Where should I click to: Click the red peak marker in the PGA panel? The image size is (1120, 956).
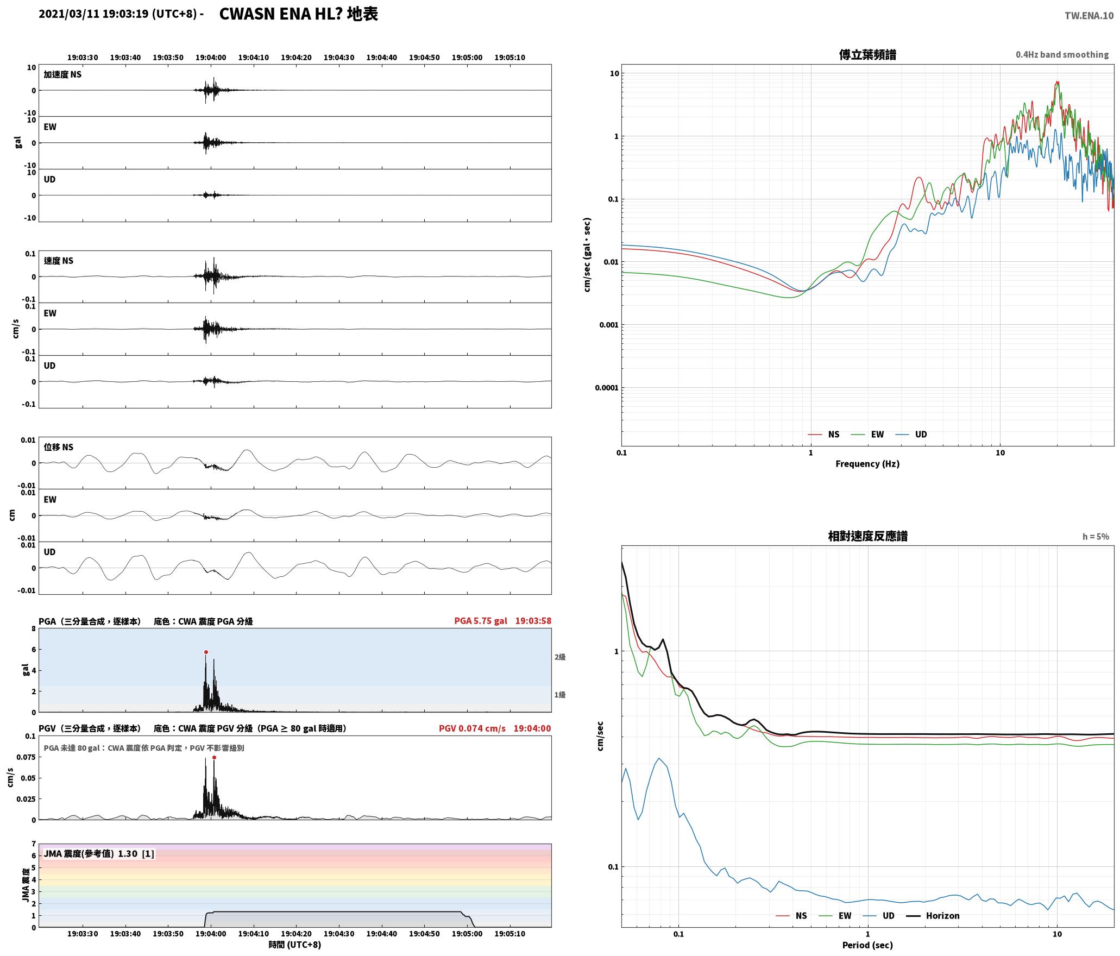206,652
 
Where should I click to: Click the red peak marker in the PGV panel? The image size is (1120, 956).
214,757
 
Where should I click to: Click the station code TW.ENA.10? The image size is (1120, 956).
1089,16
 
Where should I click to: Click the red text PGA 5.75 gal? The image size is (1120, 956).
481,621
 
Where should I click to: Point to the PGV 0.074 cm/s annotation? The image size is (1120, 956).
472,728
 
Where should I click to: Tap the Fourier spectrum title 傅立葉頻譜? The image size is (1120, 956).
867,55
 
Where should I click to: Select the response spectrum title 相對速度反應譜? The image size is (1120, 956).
867,536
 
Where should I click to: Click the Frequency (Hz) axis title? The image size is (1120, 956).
867,463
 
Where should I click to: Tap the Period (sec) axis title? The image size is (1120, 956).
867,945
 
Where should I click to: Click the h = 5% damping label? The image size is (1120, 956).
1096,537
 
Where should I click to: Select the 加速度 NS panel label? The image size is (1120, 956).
62,74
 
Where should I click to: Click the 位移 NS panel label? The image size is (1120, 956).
59,447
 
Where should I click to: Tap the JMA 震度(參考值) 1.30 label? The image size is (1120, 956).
99,853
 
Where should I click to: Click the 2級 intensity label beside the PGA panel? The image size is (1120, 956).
560,657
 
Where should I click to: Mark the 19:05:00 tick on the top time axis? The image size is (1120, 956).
467,58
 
